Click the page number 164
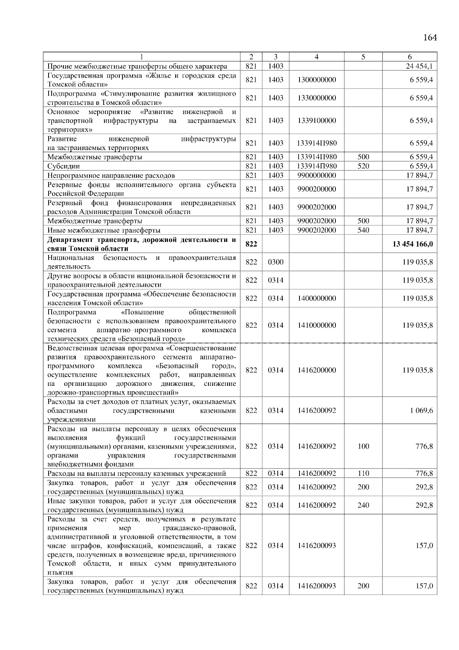tap(430, 38)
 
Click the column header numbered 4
tap(316, 57)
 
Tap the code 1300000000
tap(317, 80)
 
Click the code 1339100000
tap(317, 121)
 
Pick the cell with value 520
tap(363, 166)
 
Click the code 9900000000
tap(317, 175)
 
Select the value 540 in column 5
tap(363, 230)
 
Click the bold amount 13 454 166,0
tap(413, 244)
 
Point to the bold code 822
tap(251, 244)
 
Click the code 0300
tap(275, 262)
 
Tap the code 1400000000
tap(317, 298)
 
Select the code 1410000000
tap(317, 325)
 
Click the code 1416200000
tap(317, 370)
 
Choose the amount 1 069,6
tap(422, 410)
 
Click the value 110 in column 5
tap(363, 474)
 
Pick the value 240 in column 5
tap(363, 505)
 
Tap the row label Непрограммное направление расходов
tap(111, 175)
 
